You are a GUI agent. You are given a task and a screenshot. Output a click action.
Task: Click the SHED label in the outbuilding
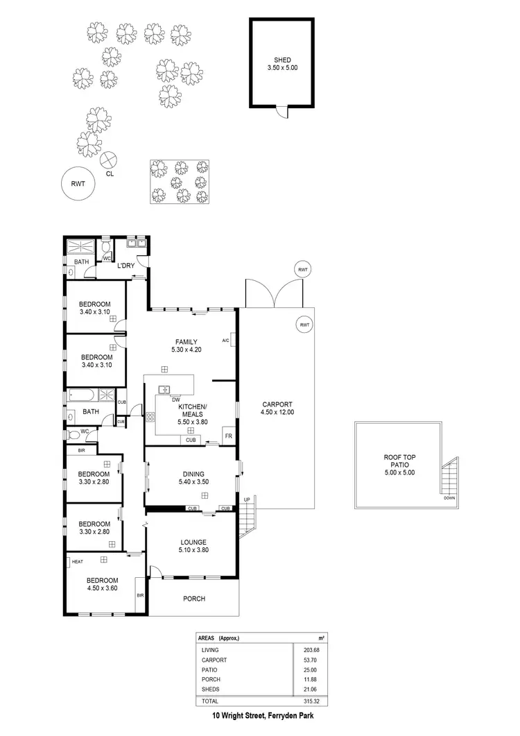pyautogui.click(x=282, y=60)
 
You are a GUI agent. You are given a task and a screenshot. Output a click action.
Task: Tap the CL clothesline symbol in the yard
pyautogui.click(x=109, y=160)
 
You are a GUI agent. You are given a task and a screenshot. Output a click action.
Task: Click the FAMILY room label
pyautogui.click(x=186, y=342)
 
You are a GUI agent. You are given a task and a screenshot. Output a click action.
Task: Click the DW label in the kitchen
pyautogui.click(x=166, y=400)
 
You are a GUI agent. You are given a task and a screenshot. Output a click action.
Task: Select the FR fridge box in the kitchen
pyautogui.click(x=227, y=436)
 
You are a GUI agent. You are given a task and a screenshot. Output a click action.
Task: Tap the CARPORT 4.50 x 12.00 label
pyautogui.click(x=277, y=404)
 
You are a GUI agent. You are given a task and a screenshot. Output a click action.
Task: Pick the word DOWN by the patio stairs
pyautogui.click(x=449, y=498)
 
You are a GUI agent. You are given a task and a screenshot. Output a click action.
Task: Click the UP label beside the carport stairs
pyautogui.click(x=245, y=499)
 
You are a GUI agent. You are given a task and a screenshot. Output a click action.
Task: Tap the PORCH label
pyautogui.click(x=194, y=599)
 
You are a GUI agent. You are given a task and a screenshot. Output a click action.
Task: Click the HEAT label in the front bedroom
pyautogui.click(x=77, y=562)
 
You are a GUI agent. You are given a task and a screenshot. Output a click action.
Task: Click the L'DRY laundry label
pyautogui.click(x=125, y=266)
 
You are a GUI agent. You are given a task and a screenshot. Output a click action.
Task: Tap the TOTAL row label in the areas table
pyautogui.click(x=210, y=701)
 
